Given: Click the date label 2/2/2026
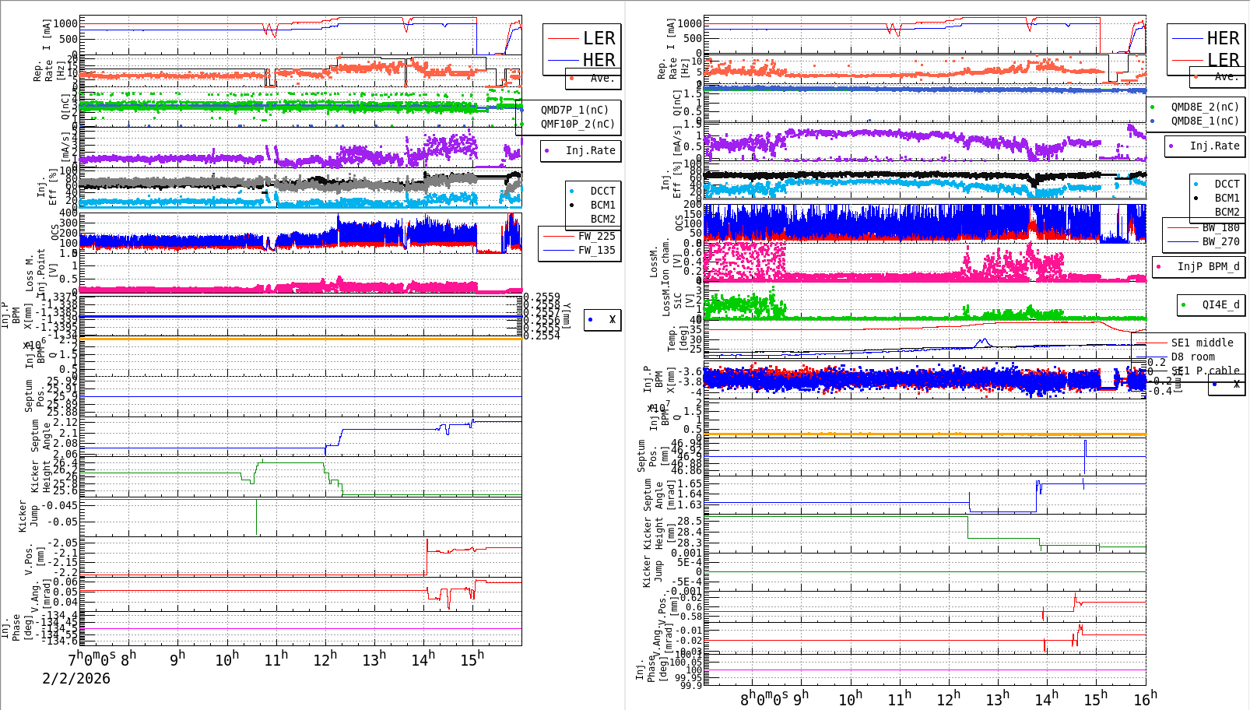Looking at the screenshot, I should point(76,678).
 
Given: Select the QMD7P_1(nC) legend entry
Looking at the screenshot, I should point(574,110).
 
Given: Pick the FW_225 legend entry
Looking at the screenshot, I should point(596,236).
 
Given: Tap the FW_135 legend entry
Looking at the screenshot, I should point(596,250).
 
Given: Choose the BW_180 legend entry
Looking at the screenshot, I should point(1220,227).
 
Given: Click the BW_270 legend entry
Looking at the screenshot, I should point(1220,241).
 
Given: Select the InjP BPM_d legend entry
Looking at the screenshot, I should point(1208,266).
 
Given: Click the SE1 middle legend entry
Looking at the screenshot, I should point(1202,343).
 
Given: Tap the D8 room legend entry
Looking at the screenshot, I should point(1192,357).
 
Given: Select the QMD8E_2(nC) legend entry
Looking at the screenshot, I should point(1205,107).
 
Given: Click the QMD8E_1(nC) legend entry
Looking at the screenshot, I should point(1205,121).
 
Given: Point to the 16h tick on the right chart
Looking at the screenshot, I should point(1145,698).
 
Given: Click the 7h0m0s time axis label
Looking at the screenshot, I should point(92,658).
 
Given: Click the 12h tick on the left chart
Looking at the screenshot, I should point(325,659).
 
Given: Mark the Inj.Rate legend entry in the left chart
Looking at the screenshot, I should point(590,150).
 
